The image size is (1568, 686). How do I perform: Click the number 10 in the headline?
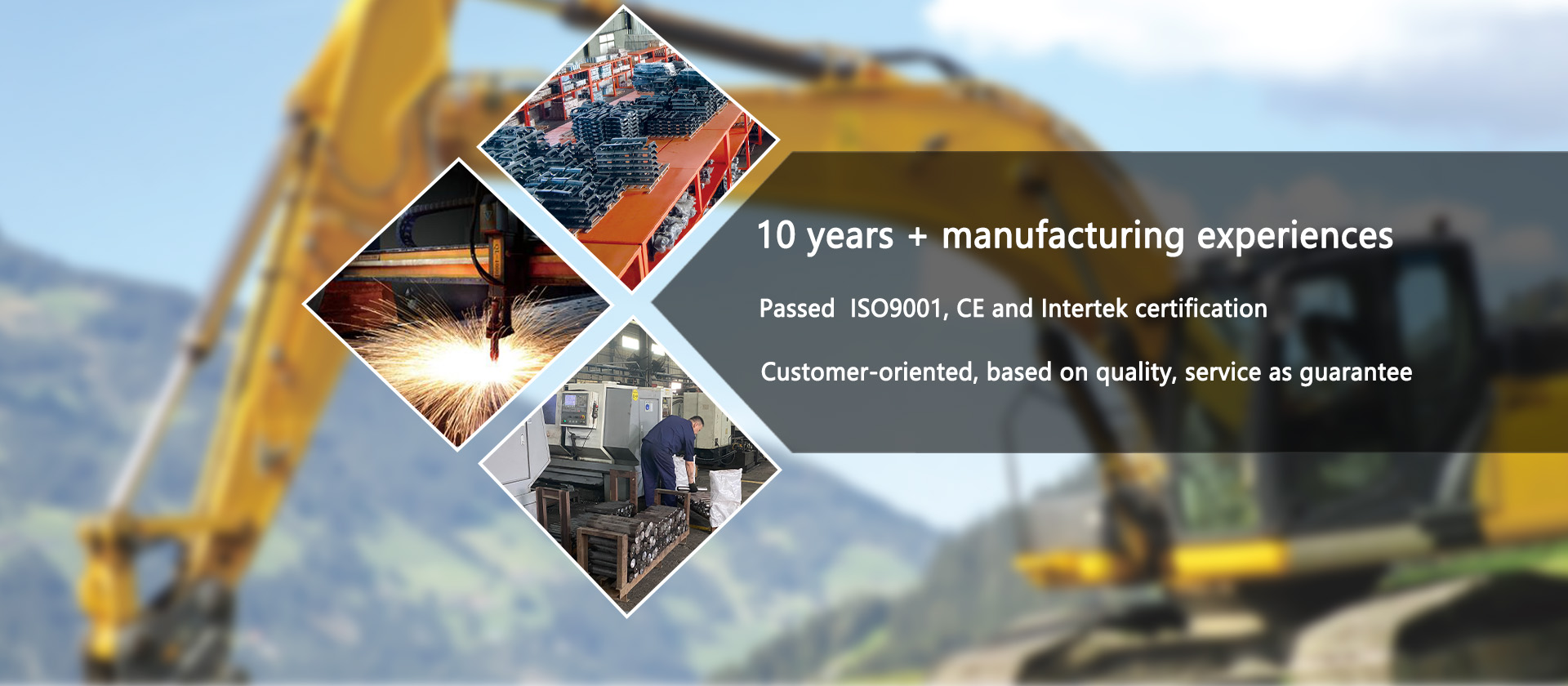pyautogui.click(x=776, y=235)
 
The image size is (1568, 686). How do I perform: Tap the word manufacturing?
pyautogui.click(x=1062, y=237)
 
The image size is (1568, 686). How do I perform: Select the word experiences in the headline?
pyautogui.click(x=1295, y=238)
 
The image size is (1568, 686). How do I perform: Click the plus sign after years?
pyautogui.click(x=917, y=237)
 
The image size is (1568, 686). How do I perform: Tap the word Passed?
pyautogui.click(x=797, y=309)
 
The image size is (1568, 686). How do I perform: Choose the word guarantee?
pyautogui.click(x=1356, y=373)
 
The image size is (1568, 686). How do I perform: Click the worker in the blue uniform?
pyautogui.click(x=669, y=459)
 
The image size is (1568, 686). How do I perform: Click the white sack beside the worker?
pyautogui.click(x=724, y=496)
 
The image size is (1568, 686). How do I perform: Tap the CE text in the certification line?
pyautogui.click(x=970, y=309)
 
